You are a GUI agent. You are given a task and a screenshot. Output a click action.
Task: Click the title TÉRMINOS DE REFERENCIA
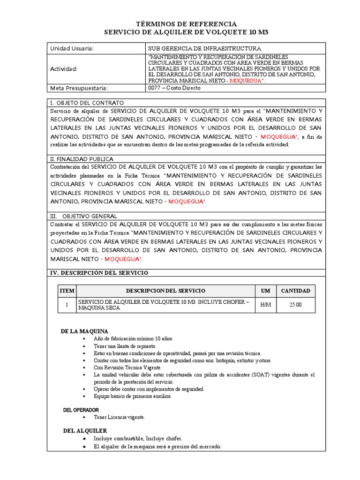pos(186,24)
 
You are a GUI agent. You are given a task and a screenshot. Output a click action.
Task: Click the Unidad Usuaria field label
pos(72,48)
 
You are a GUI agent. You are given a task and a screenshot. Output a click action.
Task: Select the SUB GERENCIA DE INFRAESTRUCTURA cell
pos(204,48)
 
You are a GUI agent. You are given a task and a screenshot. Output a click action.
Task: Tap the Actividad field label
pos(64,69)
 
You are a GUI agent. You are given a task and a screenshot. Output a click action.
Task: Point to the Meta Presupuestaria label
pos(79,88)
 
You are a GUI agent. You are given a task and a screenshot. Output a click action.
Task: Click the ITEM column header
pos(67,291)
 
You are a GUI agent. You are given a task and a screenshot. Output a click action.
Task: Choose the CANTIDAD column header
pos(295,291)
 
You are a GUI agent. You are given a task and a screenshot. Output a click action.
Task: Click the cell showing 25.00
pos(295,305)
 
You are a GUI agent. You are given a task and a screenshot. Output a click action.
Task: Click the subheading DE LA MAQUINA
pos(84,331)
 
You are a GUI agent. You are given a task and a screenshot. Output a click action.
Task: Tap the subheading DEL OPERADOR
pos(81,410)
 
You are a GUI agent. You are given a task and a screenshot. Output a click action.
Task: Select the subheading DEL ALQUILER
pos(85,430)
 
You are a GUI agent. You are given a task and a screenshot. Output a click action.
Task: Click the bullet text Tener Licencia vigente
pos(120,417)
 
